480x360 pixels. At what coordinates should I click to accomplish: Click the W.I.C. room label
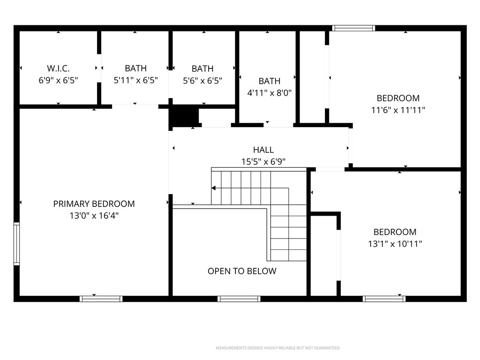[x=58, y=68]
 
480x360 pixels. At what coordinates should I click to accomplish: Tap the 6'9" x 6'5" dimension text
[x=58, y=80]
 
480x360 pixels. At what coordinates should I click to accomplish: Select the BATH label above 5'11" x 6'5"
[x=135, y=68]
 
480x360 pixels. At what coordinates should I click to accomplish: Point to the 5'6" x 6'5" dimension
[x=202, y=80]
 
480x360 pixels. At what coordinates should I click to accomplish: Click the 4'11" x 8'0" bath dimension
[x=270, y=93]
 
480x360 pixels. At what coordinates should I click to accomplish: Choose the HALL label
[x=263, y=150]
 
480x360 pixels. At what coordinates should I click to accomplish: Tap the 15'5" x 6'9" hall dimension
[x=263, y=162]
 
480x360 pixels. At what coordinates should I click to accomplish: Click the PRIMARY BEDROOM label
[x=94, y=204]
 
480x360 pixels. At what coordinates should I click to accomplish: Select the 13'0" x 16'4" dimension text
[x=94, y=216]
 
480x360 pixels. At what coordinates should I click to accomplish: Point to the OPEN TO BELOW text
[x=242, y=271]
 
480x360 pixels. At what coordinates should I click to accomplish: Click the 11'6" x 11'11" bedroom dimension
[x=398, y=110]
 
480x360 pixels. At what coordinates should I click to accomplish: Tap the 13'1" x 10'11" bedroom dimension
[x=395, y=244]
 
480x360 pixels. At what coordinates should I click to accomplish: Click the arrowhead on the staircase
[x=214, y=188]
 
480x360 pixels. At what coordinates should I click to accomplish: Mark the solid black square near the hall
[x=184, y=115]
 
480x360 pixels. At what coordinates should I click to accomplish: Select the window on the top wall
[x=353, y=28]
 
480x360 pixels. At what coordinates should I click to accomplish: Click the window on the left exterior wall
[x=17, y=244]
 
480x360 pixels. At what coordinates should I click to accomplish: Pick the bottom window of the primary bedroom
[x=101, y=299]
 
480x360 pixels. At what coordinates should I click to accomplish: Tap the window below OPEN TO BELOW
[x=239, y=299]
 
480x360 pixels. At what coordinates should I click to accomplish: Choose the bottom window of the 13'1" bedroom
[x=384, y=299]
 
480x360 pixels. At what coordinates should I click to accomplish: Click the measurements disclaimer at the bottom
[x=278, y=348]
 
